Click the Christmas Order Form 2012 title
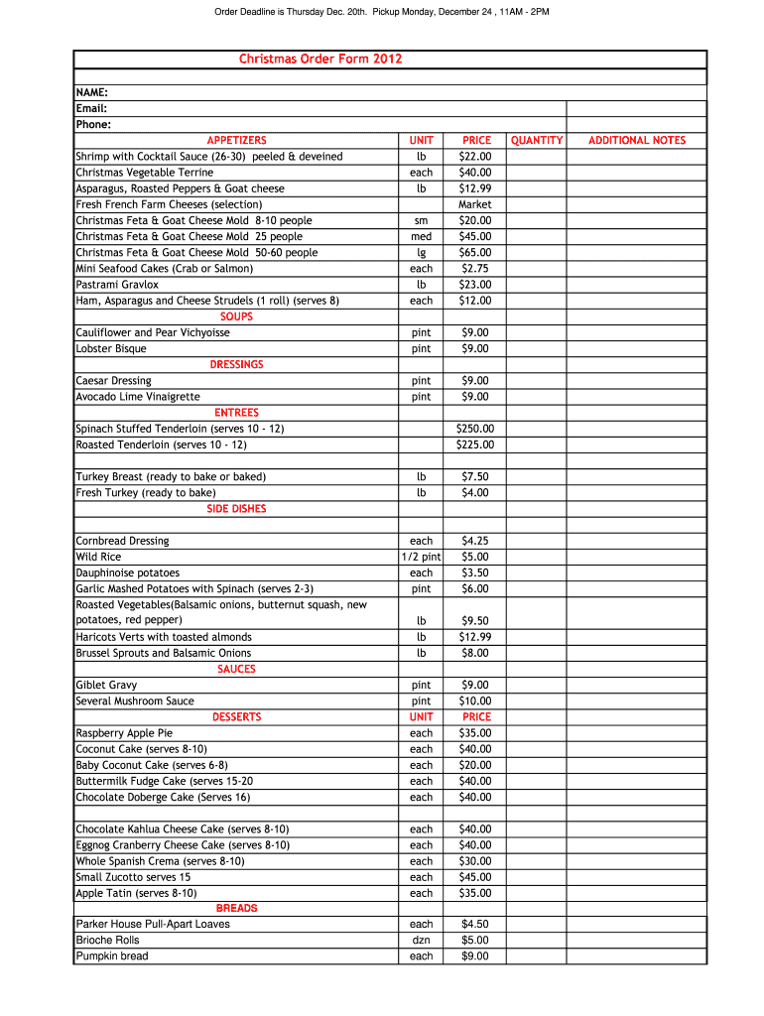(x=320, y=60)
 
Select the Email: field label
(x=91, y=108)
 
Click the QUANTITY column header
(x=537, y=141)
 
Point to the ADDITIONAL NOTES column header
(x=637, y=141)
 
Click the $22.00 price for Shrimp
(x=475, y=157)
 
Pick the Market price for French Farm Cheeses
(x=475, y=204)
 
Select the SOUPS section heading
(x=236, y=317)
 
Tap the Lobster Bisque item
(x=111, y=348)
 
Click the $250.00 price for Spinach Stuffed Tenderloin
(x=475, y=429)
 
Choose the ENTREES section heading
(x=236, y=413)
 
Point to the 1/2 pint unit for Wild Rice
(x=422, y=557)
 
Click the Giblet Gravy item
(x=107, y=685)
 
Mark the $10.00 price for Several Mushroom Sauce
(x=475, y=700)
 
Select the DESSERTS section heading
(x=236, y=716)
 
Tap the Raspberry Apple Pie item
(x=124, y=732)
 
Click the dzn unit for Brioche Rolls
(x=422, y=940)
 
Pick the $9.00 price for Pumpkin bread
(x=475, y=955)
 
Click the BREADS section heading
(x=236, y=908)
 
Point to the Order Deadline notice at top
(x=382, y=12)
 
